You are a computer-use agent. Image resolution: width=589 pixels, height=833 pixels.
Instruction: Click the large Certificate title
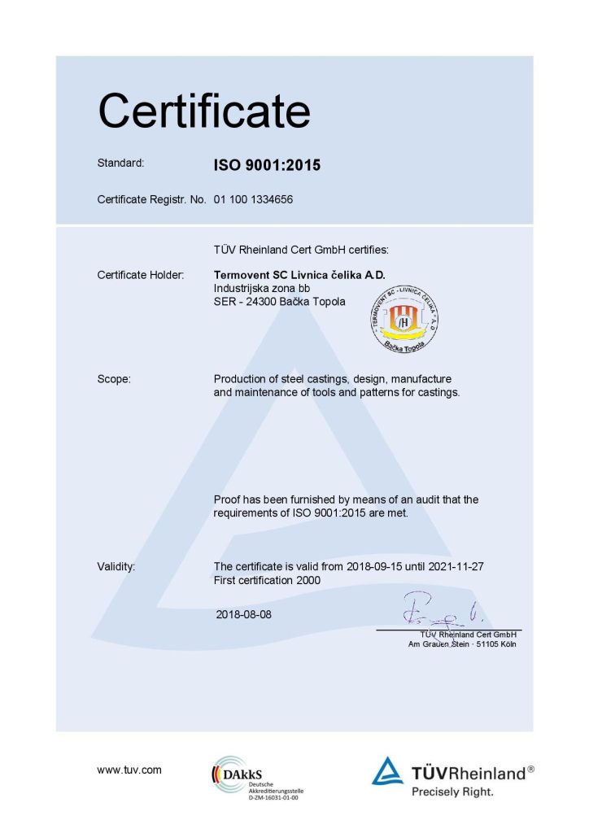point(203,111)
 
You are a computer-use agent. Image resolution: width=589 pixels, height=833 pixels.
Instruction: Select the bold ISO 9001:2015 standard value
point(267,165)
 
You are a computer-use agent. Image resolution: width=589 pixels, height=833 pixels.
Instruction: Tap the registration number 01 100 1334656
point(253,198)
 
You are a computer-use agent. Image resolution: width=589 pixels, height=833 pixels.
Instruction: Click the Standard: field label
point(120,163)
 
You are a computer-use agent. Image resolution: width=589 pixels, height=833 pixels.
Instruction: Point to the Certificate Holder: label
point(141,275)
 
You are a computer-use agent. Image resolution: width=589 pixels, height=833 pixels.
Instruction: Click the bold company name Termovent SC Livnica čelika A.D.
point(298,275)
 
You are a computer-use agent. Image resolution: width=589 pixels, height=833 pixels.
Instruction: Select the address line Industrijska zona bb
point(261,288)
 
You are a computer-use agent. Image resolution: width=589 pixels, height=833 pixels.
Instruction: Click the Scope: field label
point(114,379)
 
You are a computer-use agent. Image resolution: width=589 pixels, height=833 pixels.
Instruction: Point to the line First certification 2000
point(267,580)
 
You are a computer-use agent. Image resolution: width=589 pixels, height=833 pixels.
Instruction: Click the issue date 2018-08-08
point(244,614)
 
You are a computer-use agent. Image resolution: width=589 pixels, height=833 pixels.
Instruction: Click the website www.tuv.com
point(129,770)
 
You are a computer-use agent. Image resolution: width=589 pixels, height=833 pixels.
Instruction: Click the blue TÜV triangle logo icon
point(387,771)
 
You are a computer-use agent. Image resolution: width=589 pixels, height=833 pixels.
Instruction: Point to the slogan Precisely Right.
point(452,790)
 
